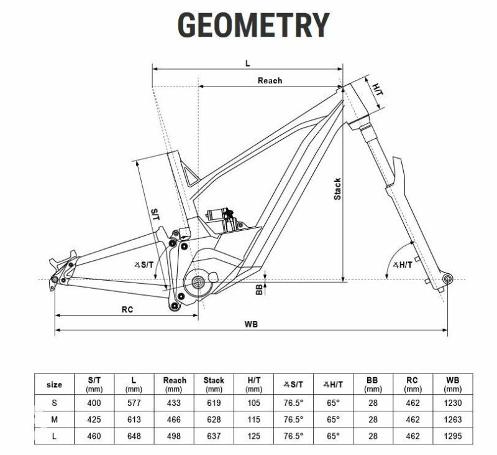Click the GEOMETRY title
(x=253, y=25)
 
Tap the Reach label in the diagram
(x=270, y=81)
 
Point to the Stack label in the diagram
(x=337, y=189)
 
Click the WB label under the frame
(x=251, y=324)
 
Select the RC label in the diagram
(x=127, y=309)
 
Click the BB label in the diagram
(x=259, y=289)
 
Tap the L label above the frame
(x=248, y=63)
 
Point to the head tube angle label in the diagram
(x=403, y=265)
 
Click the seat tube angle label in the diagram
(x=144, y=265)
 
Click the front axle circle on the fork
(x=447, y=279)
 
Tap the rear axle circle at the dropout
(x=55, y=279)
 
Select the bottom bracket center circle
(x=198, y=281)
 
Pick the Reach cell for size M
(x=174, y=420)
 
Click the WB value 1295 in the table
(x=453, y=436)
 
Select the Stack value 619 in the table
(x=214, y=403)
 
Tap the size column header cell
(x=54, y=385)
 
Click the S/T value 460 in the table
(x=94, y=436)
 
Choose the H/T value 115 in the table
(x=253, y=420)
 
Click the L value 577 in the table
(x=134, y=403)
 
